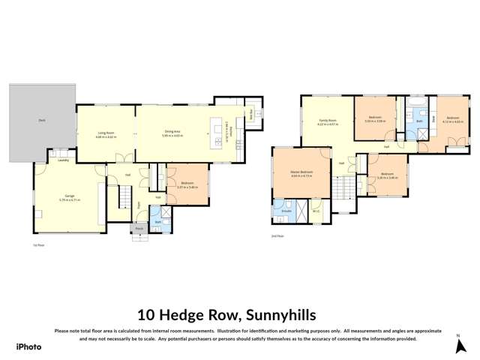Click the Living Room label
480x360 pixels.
(x=105, y=132)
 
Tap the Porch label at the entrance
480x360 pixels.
(x=139, y=229)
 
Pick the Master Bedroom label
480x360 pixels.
(x=301, y=172)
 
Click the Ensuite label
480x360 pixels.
(x=285, y=211)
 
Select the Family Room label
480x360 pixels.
(x=327, y=120)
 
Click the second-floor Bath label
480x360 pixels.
(x=419, y=120)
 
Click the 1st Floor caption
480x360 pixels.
(x=36, y=244)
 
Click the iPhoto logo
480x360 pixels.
(x=28, y=346)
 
